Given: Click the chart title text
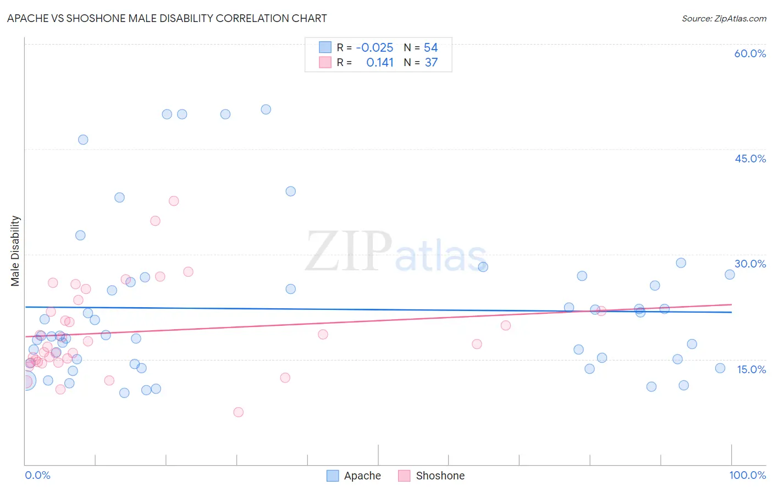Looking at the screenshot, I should pyautogui.click(x=167, y=18).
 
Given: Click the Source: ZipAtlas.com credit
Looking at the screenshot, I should pyautogui.click(x=724, y=18).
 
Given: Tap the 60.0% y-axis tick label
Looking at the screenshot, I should pyautogui.click(x=750, y=53).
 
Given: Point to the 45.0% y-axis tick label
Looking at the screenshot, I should pyautogui.click(x=750, y=159).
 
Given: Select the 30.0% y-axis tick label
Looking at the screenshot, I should pyautogui.click(x=750, y=264).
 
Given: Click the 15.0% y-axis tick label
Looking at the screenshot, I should pyautogui.click(x=751, y=369).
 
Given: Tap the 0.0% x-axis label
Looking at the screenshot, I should pyautogui.click(x=37, y=475).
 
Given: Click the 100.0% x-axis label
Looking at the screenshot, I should pyautogui.click(x=747, y=475).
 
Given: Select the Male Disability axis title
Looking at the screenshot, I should pyautogui.click(x=15, y=250).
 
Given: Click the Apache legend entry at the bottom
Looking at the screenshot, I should pyautogui.click(x=354, y=476).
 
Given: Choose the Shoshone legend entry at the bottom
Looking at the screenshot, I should pyautogui.click(x=432, y=476).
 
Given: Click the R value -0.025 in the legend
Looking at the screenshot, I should pyautogui.click(x=374, y=48).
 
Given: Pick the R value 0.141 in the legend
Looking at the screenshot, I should pyautogui.click(x=380, y=63).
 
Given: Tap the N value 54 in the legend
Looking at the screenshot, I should pyautogui.click(x=430, y=48).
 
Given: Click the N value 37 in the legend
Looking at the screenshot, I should pyautogui.click(x=431, y=63).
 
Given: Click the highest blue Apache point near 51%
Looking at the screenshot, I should pyautogui.click(x=266, y=110).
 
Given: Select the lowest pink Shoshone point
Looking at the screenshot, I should pyautogui.click(x=238, y=412).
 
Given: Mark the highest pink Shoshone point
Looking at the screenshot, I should pyautogui.click(x=174, y=201).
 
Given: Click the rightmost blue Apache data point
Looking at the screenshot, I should pyautogui.click(x=730, y=275).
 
